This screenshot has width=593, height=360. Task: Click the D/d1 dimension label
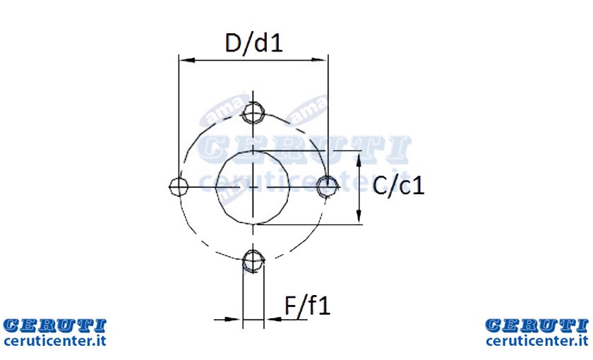[253, 43]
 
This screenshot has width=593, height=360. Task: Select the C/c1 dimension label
[398, 186]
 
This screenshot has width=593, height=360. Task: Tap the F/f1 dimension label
[308, 306]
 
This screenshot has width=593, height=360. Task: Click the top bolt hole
[253, 112]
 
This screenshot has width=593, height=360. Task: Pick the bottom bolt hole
[253, 260]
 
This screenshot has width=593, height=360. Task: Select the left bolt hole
[179, 186]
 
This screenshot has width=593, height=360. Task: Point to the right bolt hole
[327, 186]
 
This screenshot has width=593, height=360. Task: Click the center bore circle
[216, 187]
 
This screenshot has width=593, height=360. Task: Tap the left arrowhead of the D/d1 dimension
[187, 60]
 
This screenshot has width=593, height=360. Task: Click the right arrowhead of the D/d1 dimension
[319, 60]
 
